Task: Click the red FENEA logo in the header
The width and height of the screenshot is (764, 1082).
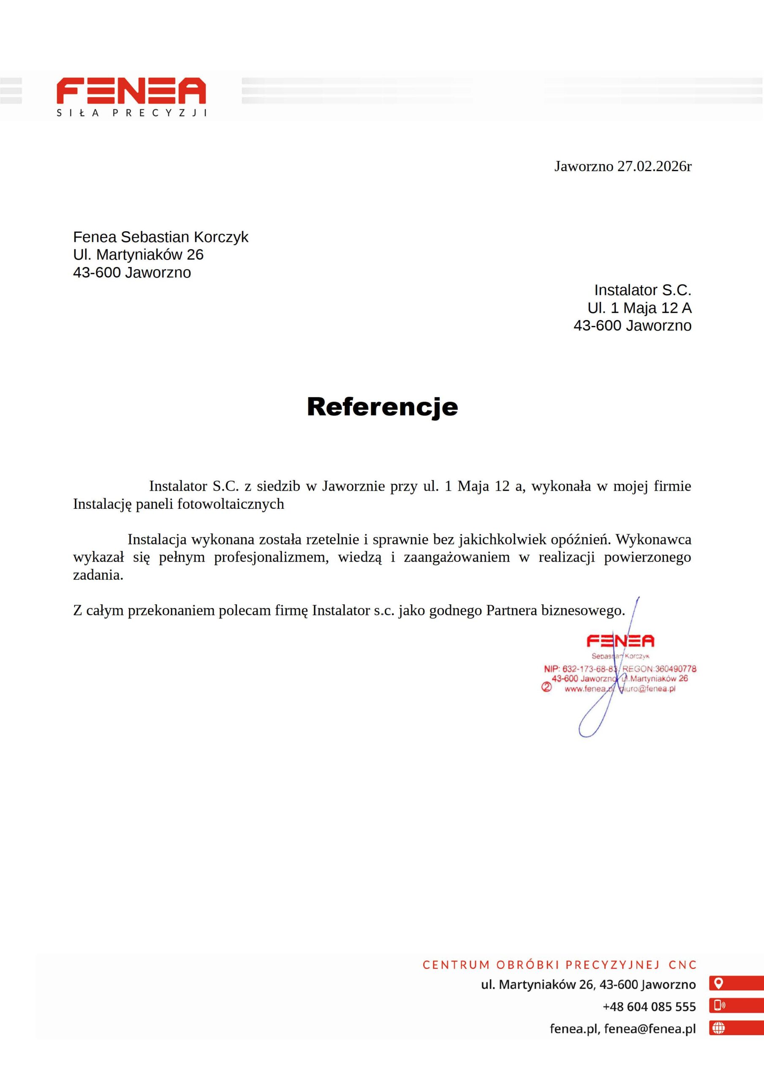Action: pos(131,90)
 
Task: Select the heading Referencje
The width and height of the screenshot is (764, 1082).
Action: pos(382,406)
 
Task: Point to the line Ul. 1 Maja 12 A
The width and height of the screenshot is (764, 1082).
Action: pos(639,308)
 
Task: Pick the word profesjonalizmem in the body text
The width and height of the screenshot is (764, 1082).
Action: pos(271,557)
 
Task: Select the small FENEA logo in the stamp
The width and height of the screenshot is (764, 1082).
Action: pos(620,640)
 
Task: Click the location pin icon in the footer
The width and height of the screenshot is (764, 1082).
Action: pos(718,984)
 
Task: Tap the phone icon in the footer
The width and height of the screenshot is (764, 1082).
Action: pos(719,1005)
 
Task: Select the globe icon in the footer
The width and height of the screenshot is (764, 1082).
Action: pos(718,1028)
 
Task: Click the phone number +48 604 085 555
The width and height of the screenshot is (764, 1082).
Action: pos(649,1007)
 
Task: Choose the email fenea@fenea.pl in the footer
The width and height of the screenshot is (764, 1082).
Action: pos(650,1028)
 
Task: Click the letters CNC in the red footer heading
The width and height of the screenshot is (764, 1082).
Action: pos(682,965)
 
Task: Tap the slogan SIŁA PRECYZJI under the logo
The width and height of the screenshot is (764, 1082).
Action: pos(131,113)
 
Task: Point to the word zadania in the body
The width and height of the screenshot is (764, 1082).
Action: pos(98,575)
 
